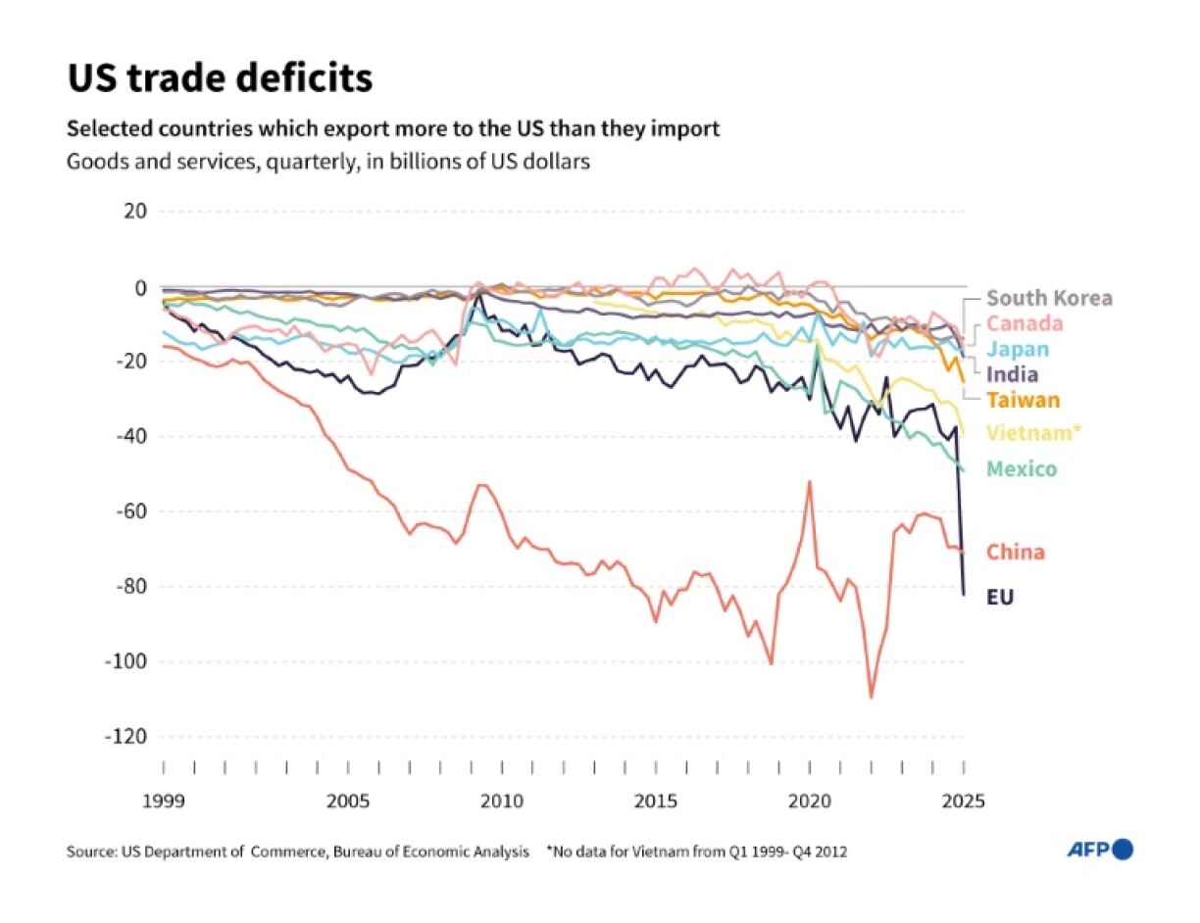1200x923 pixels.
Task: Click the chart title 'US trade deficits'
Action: click(220, 78)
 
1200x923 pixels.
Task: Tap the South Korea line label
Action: click(1049, 299)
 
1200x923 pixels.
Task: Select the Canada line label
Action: click(1025, 323)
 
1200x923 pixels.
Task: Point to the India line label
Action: click(1013, 374)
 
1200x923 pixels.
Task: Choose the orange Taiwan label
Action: click(1023, 400)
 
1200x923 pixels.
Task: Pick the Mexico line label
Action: click(1022, 469)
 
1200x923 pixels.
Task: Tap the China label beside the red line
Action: click(1015, 552)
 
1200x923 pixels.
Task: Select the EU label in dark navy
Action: click(1000, 596)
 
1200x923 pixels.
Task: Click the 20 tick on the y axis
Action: click(134, 212)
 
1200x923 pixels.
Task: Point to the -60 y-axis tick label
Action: click(129, 511)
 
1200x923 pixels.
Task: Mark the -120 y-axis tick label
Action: click(125, 737)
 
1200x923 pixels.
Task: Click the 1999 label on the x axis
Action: click(163, 801)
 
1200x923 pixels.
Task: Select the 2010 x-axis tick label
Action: click(501, 801)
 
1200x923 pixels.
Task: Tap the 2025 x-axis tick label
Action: click(963, 801)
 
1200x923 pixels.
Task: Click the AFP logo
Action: click(1100, 850)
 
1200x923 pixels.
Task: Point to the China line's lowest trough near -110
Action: click(871, 697)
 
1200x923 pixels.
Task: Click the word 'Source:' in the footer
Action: click(91, 851)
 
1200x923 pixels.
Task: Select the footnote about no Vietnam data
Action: click(696, 851)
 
